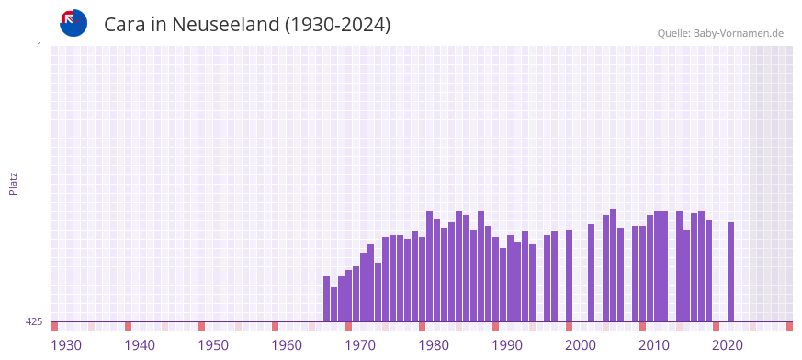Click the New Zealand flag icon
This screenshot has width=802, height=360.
click(x=73, y=23)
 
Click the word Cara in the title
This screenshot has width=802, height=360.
click(x=125, y=25)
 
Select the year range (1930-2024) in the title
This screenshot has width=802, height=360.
click(x=338, y=25)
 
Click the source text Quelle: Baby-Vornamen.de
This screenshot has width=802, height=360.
click(x=720, y=33)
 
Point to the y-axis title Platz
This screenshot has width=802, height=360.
click(x=13, y=183)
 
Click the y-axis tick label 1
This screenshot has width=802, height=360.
click(x=39, y=46)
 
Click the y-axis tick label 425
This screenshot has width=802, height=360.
click(x=34, y=321)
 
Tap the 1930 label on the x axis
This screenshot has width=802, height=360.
click(x=66, y=345)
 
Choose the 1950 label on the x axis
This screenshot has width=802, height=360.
click(x=213, y=345)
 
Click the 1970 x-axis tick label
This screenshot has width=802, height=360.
click(x=360, y=345)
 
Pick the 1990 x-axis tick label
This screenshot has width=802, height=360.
click(x=507, y=345)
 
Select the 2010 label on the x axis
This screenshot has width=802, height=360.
click(x=654, y=345)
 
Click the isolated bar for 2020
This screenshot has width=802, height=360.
click(x=730, y=272)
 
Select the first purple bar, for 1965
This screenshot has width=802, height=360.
click(x=326, y=298)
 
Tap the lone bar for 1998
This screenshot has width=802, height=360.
click(x=569, y=276)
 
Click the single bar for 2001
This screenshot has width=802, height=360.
click(x=591, y=273)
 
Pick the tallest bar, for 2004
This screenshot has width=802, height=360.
click(x=613, y=265)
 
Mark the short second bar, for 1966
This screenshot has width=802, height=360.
click(x=333, y=304)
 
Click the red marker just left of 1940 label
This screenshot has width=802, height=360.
click(x=128, y=326)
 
